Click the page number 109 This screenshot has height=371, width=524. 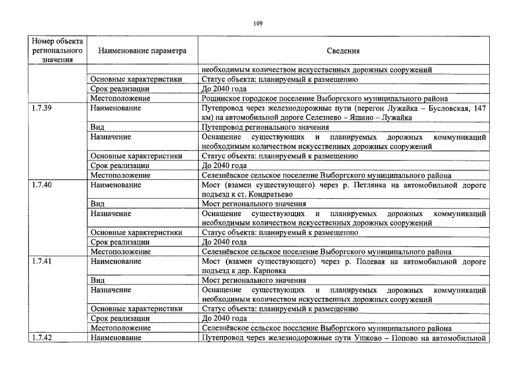click(x=258, y=23)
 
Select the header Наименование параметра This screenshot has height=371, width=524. click(x=142, y=51)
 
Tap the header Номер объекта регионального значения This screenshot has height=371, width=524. click(x=57, y=51)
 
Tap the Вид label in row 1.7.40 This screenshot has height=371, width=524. click(x=97, y=203)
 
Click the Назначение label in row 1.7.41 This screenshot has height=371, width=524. click(x=111, y=290)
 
